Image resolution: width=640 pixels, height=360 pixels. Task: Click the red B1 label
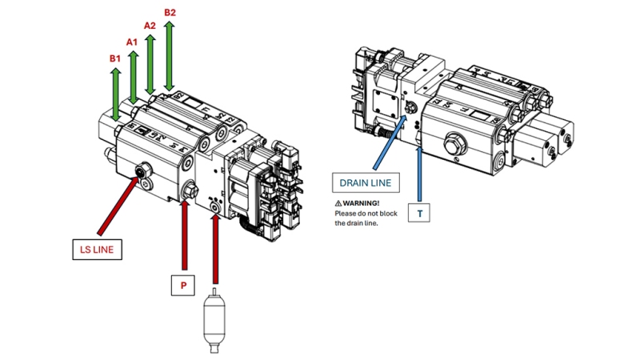pos(114,58)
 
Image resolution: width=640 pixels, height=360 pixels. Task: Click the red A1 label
pos(132,42)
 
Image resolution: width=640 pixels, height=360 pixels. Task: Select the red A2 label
pos(150,26)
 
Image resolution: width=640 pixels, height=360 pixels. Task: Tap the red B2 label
pos(170,12)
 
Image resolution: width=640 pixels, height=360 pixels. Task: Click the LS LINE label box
pos(97,250)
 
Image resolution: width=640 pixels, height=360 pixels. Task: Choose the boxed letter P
pos(184,285)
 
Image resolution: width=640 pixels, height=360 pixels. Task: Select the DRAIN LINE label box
pos(365,182)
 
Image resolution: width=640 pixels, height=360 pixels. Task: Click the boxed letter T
pos(419,214)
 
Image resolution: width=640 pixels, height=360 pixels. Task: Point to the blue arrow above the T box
pos(420,171)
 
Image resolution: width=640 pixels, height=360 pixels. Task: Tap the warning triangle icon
pos(338,203)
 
